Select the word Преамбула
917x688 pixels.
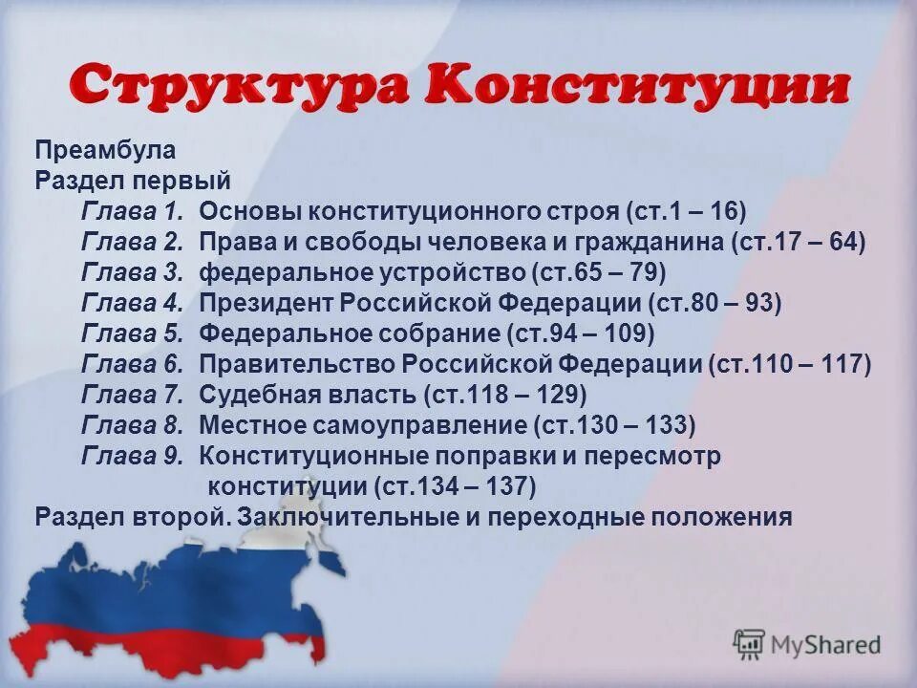(x=105, y=150)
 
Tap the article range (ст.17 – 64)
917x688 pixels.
(x=799, y=242)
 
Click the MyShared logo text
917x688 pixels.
(x=825, y=644)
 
